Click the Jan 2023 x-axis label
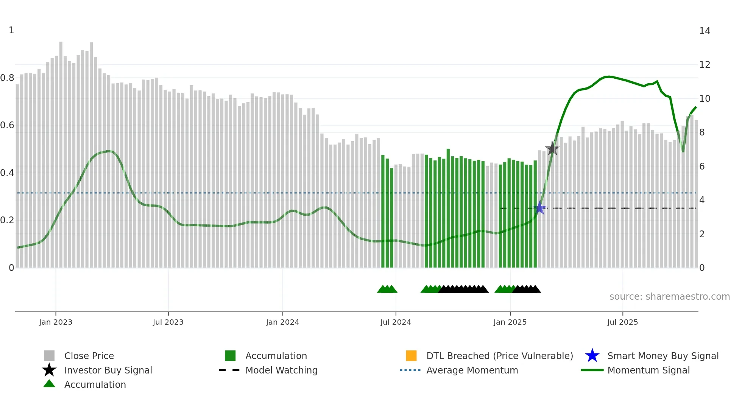click(x=56, y=322)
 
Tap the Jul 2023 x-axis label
click(x=168, y=322)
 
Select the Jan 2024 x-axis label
click(x=282, y=322)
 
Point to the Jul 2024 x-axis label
click(x=396, y=322)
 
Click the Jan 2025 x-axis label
click(x=510, y=322)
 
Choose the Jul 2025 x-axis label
click(x=622, y=322)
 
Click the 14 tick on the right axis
click(x=705, y=31)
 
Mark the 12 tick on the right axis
click(x=705, y=65)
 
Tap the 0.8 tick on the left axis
click(x=7, y=78)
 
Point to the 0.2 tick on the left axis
click(x=7, y=220)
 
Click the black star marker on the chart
click(x=552, y=149)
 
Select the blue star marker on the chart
click(x=540, y=208)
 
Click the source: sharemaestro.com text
click(x=669, y=297)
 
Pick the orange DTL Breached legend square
click(x=411, y=356)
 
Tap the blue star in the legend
click(x=592, y=356)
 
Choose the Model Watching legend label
click(x=281, y=370)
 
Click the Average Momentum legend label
click(x=472, y=370)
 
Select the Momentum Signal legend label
click(x=648, y=370)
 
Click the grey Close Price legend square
click(x=49, y=356)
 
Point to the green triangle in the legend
click(x=49, y=384)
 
